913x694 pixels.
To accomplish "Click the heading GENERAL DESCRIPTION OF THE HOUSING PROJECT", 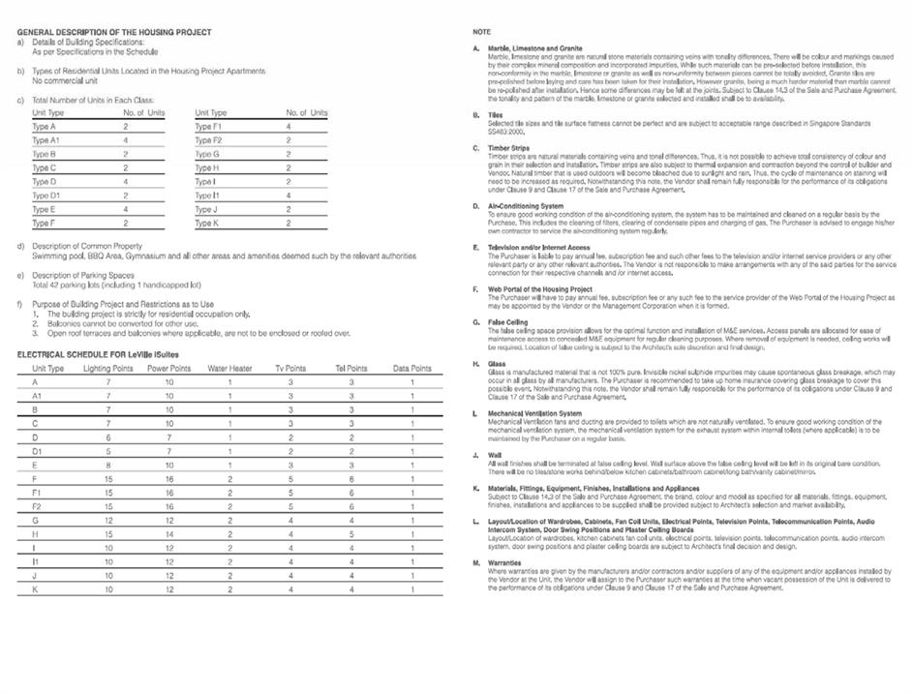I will (x=114, y=32).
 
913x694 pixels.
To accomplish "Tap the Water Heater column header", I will (x=229, y=369).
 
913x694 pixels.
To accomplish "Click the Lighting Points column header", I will (x=108, y=369).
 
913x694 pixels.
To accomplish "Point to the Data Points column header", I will (x=412, y=369).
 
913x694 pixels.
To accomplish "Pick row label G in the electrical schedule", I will (x=35, y=521).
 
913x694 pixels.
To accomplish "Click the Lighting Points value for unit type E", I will (x=108, y=465).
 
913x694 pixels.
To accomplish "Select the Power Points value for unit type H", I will (x=169, y=534).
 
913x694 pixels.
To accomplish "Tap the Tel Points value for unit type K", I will (x=351, y=589).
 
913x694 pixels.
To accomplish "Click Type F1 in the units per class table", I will (x=208, y=127).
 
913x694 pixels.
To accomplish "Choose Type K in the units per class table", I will (x=206, y=224).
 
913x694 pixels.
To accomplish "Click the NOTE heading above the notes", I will (x=481, y=33).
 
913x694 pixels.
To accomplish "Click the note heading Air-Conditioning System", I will (x=526, y=206).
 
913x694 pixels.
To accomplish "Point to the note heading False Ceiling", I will (x=508, y=321).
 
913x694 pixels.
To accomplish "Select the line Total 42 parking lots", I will (x=116, y=286).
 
